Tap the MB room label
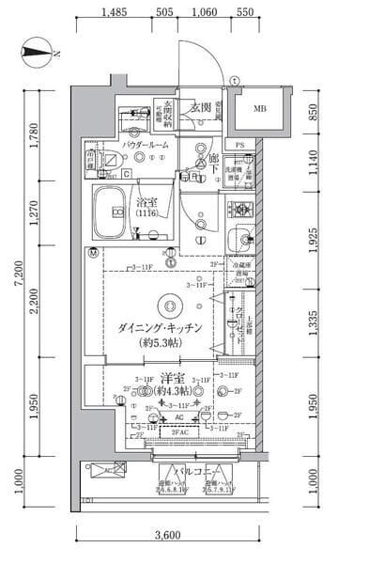(259, 109)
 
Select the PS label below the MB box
(240, 144)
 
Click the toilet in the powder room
(100, 160)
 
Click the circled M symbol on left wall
(92, 253)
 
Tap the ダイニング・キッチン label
(158, 328)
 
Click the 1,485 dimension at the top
(115, 13)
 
